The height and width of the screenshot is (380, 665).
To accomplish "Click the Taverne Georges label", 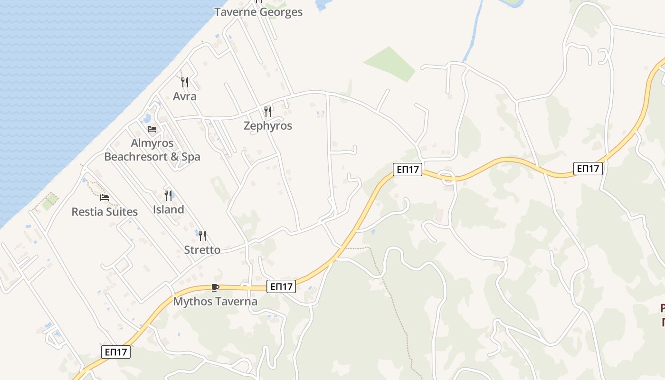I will (258, 12).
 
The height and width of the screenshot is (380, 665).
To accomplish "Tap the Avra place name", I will (185, 96).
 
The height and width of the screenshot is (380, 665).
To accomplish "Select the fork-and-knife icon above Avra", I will (185, 82).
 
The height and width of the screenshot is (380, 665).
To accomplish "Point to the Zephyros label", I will (268, 126).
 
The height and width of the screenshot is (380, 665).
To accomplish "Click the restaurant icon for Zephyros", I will (268, 112).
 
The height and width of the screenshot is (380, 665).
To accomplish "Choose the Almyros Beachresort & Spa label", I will (152, 150).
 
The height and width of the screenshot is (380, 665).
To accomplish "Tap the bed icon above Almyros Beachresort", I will (152, 129).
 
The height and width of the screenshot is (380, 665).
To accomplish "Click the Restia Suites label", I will (104, 212).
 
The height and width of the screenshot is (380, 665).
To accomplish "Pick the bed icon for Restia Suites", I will (104, 197).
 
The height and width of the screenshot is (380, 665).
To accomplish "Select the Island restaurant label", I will (169, 209).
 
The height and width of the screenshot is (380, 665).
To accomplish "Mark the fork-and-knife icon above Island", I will (168, 195).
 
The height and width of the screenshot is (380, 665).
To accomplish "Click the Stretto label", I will (202, 250).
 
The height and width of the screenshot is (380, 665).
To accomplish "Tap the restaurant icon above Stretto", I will (202, 236).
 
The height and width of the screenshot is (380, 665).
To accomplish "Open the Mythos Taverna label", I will (215, 302).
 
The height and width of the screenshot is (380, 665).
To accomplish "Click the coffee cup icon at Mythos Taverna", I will (215, 287).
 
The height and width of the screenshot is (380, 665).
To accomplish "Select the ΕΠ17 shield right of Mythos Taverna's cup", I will (281, 286).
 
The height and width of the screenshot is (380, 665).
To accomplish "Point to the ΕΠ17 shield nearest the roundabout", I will (408, 169).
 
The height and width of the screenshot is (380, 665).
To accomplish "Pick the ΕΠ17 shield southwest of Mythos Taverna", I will (116, 352).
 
